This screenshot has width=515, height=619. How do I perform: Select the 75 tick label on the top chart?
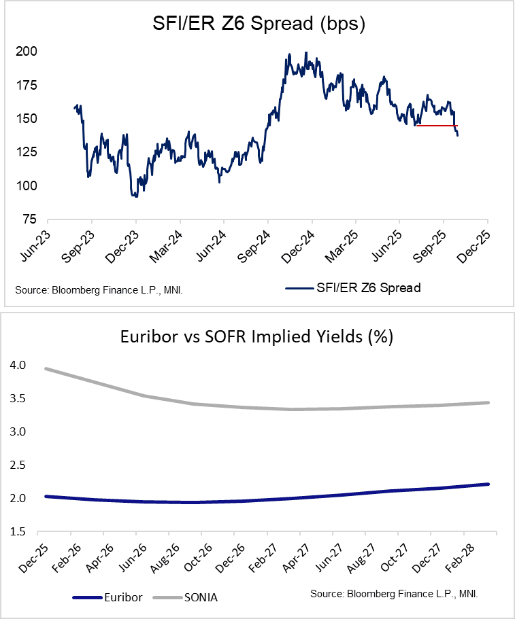click(28, 219)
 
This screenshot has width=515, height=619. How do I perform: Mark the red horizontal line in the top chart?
click(436, 126)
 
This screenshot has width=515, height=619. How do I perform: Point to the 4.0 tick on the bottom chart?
click(19, 366)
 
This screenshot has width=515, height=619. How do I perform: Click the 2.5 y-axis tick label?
click(19, 465)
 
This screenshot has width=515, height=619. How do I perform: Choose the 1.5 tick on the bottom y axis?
click(19, 532)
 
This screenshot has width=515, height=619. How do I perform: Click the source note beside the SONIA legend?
click(394, 594)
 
